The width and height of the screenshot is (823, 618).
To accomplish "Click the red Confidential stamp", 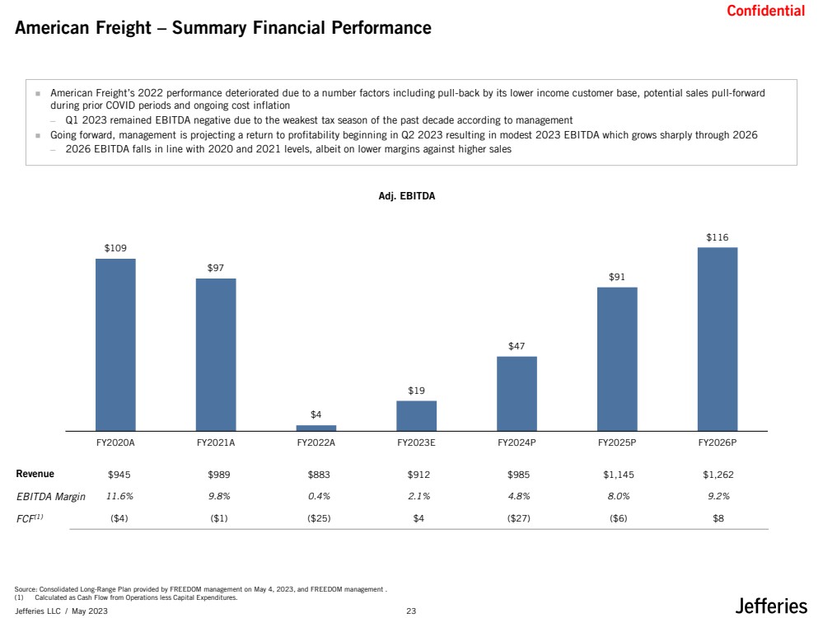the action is (x=765, y=11).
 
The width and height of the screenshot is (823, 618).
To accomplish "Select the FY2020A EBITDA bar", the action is (x=115, y=344).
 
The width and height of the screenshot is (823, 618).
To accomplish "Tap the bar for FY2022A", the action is (x=316, y=428).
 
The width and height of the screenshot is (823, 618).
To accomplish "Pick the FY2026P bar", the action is (x=717, y=339).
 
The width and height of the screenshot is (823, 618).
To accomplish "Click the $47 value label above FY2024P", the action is (x=517, y=346).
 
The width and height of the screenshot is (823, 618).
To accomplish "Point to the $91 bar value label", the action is (x=617, y=277).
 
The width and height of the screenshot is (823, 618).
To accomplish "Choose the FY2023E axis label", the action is (x=416, y=442).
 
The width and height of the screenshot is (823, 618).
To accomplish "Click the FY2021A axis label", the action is (x=216, y=442).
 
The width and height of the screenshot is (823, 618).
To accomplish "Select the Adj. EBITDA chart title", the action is (x=407, y=196).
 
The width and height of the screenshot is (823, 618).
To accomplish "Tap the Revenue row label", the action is (x=35, y=474).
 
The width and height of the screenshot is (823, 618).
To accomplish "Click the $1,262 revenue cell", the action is (x=718, y=475).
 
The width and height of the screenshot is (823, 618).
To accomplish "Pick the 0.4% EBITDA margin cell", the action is (x=319, y=496).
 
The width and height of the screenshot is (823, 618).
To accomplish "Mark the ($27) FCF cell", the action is (x=518, y=518).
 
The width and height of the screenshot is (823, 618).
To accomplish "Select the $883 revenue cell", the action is (x=319, y=475).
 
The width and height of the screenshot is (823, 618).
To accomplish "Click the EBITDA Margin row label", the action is (x=51, y=496).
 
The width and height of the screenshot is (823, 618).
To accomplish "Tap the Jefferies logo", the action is (x=770, y=606).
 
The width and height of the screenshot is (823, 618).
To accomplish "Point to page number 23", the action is (x=411, y=611).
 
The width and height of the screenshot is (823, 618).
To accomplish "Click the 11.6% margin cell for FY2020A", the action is (x=119, y=496).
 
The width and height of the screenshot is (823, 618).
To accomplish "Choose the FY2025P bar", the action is (x=617, y=359).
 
